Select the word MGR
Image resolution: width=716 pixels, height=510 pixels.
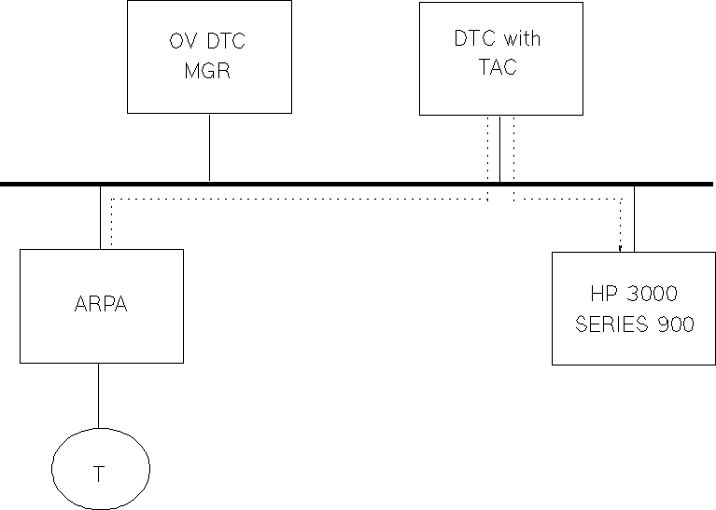[x=207, y=72]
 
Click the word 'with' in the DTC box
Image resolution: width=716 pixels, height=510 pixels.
[x=521, y=39]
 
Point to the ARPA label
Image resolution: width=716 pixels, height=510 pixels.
[x=101, y=305]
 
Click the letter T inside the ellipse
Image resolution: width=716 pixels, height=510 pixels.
[x=99, y=474]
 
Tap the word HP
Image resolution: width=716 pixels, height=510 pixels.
[x=603, y=295]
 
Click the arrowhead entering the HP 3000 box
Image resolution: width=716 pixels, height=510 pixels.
[x=621, y=248]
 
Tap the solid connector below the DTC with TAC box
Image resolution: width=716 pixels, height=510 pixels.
[x=499, y=149]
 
